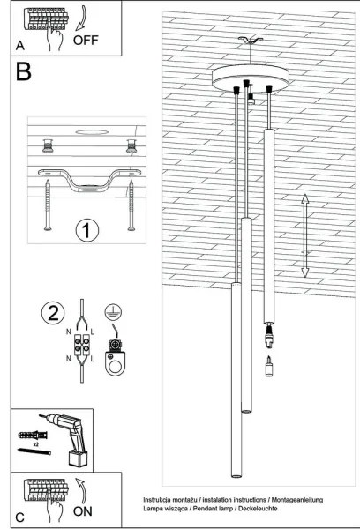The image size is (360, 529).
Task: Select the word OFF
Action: pos(87,40)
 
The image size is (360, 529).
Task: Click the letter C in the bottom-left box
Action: pos(19,515)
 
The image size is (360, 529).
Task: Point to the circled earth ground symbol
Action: pos(113,311)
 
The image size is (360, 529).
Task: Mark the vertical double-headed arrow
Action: pos(305,236)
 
